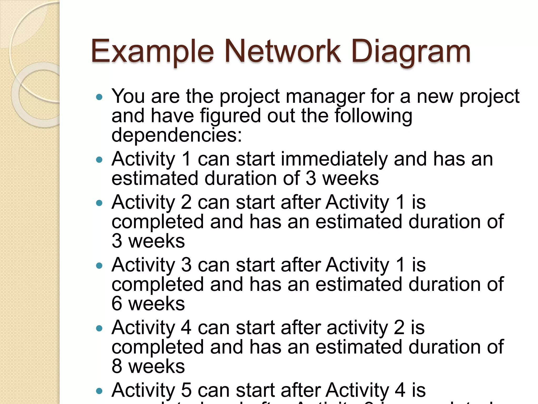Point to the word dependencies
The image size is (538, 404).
pyautogui.click(x=177, y=135)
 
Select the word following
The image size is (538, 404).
pyautogui.click(x=373, y=116)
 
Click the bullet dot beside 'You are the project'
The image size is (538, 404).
pyautogui.click(x=99, y=97)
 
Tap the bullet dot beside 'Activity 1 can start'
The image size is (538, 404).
pyautogui.click(x=99, y=160)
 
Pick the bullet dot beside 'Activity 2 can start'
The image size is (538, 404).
pyautogui.click(x=99, y=203)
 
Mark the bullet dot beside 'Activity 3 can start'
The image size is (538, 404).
pyautogui.click(x=99, y=265)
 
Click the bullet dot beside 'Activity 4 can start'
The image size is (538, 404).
pyautogui.click(x=99, y=328)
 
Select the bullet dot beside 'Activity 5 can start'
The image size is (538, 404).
pyautogui.click(x=99, y=391)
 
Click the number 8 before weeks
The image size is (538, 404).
pyautogui.click(x=117, y=366)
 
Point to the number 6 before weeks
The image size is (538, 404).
pyautogui.click(x=117, y=304)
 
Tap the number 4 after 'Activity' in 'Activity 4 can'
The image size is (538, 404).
pyautogui.click(x=186, y=327)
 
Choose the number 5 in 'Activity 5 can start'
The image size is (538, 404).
pyautogui.click(x=186, y=390)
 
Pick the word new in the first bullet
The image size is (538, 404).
pyautogui.click(x=435, y=96)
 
